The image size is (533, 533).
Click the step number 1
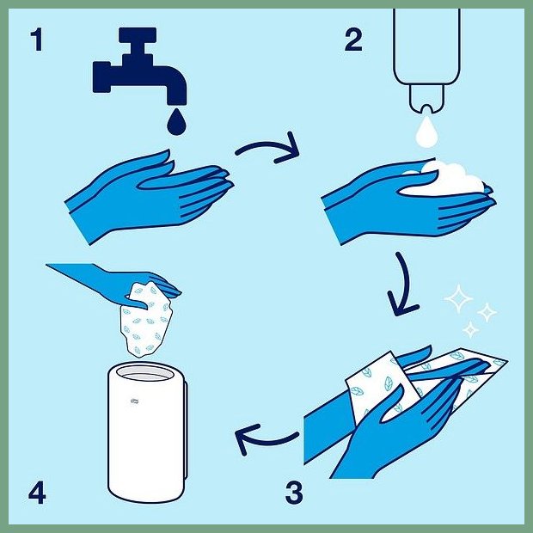pos(37,40)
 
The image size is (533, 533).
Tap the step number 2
pos(353,40)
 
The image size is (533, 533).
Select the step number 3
pos(294,493)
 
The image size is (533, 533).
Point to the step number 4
pos(37,493)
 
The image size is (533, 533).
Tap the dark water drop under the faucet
pos(176,122)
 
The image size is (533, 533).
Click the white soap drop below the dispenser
pos(426,132)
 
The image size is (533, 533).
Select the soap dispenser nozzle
pos(426,99)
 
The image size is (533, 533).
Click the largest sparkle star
pos(458,298)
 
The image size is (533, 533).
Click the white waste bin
pos(147,432)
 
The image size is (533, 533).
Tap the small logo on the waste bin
pos(135,401)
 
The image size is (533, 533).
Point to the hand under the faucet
pos(150,197)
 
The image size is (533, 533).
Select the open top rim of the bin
pos(146,372)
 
